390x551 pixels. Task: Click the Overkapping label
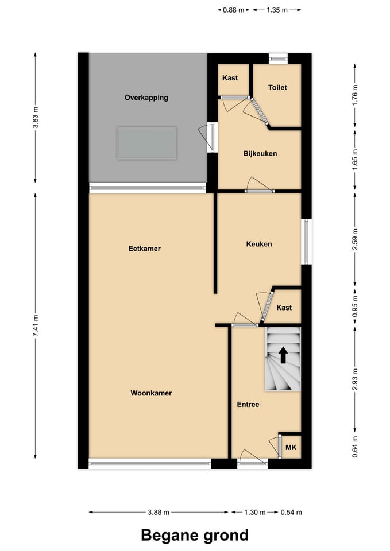tap(146, 98)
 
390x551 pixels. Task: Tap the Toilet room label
tap(277, 87)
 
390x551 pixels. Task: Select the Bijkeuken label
tap(260, 154)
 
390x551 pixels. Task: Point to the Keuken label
tap(259, 244)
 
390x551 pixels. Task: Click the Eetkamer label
tap(145, 249)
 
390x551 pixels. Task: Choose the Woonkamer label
tap(151, 393)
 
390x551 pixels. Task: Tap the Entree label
tap(248, 405)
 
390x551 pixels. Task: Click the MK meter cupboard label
tap(291, 447)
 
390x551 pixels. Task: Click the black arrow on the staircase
tap(283, 355)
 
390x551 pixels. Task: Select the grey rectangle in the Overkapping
tap(146, 143)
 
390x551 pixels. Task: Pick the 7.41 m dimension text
tap(36, 326)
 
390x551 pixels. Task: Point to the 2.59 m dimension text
tap(355, 239)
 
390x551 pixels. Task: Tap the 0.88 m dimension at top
tap(234, 10)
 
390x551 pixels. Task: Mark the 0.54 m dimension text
tap(291, 513)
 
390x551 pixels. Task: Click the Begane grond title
tap(195, 535)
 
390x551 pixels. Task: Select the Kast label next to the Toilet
tap(230, 78)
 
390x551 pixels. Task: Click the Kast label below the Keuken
tap(284, 308)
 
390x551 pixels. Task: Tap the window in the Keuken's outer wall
tap(306, 242)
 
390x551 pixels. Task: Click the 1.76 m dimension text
tap(355, 94)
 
